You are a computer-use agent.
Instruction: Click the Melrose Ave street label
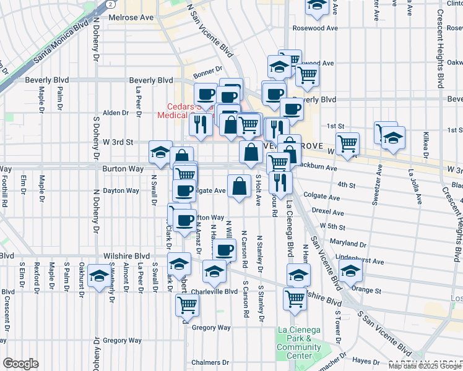132,18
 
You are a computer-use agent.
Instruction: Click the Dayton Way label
121,190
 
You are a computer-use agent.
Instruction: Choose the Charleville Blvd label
214,291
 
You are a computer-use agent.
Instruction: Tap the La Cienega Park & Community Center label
299,342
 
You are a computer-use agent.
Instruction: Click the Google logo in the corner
20,364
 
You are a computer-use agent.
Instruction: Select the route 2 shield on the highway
110,4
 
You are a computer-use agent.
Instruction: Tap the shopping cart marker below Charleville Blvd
187,304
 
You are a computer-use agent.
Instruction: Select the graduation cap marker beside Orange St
350,270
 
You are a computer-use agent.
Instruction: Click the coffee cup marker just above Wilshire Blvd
225,249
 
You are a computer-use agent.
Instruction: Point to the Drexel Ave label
328,211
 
